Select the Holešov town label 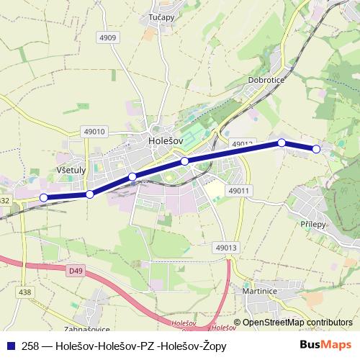point(166,141)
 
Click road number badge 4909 point(109,37)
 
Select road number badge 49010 point(94,131)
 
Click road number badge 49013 point(225,247)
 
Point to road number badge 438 point(25,292)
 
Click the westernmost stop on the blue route point(44,197)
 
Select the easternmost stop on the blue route point(316,149)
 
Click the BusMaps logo point(325,346)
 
